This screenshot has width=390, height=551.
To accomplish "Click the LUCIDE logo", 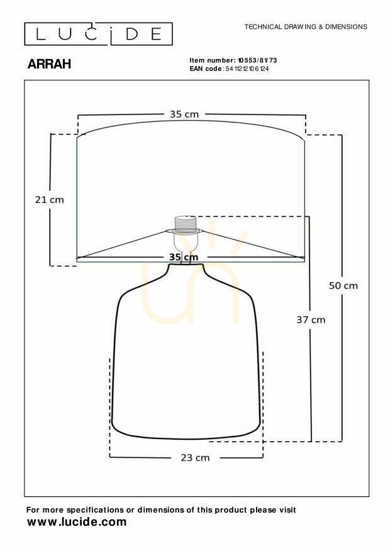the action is (x=99, y=34).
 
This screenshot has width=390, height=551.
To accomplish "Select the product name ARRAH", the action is (x=49, y=64).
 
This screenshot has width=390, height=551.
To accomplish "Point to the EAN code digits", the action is (x=247, y=68).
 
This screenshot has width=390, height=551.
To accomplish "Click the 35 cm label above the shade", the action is (x=184, y=114).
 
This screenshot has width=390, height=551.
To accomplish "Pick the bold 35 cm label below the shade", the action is (x=184, y=257).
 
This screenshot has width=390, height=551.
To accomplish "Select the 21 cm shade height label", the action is (x=50, y=200).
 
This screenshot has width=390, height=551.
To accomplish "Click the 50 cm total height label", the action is (x=343, y=286).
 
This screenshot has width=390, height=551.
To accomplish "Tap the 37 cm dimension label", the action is (x=311, y=320).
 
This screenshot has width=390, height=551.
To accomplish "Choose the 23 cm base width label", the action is (x=195, y=458).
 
